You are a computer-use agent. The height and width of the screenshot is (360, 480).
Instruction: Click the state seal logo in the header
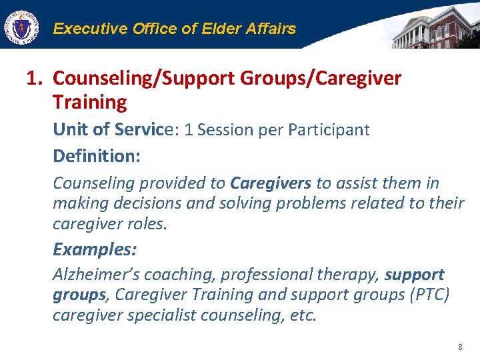tap(21, 28)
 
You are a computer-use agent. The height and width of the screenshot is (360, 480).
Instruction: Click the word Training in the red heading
tap(89, 103)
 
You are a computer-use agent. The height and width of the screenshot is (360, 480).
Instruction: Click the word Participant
tap(329, 129)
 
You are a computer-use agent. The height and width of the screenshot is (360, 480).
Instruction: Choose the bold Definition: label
tap(97, 156)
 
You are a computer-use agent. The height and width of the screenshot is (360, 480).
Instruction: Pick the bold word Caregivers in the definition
tap(271, 183)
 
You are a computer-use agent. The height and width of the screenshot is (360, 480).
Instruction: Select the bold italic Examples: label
tap(95, 249)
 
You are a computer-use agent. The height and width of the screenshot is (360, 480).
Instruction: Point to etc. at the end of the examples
tap(301, 315)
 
